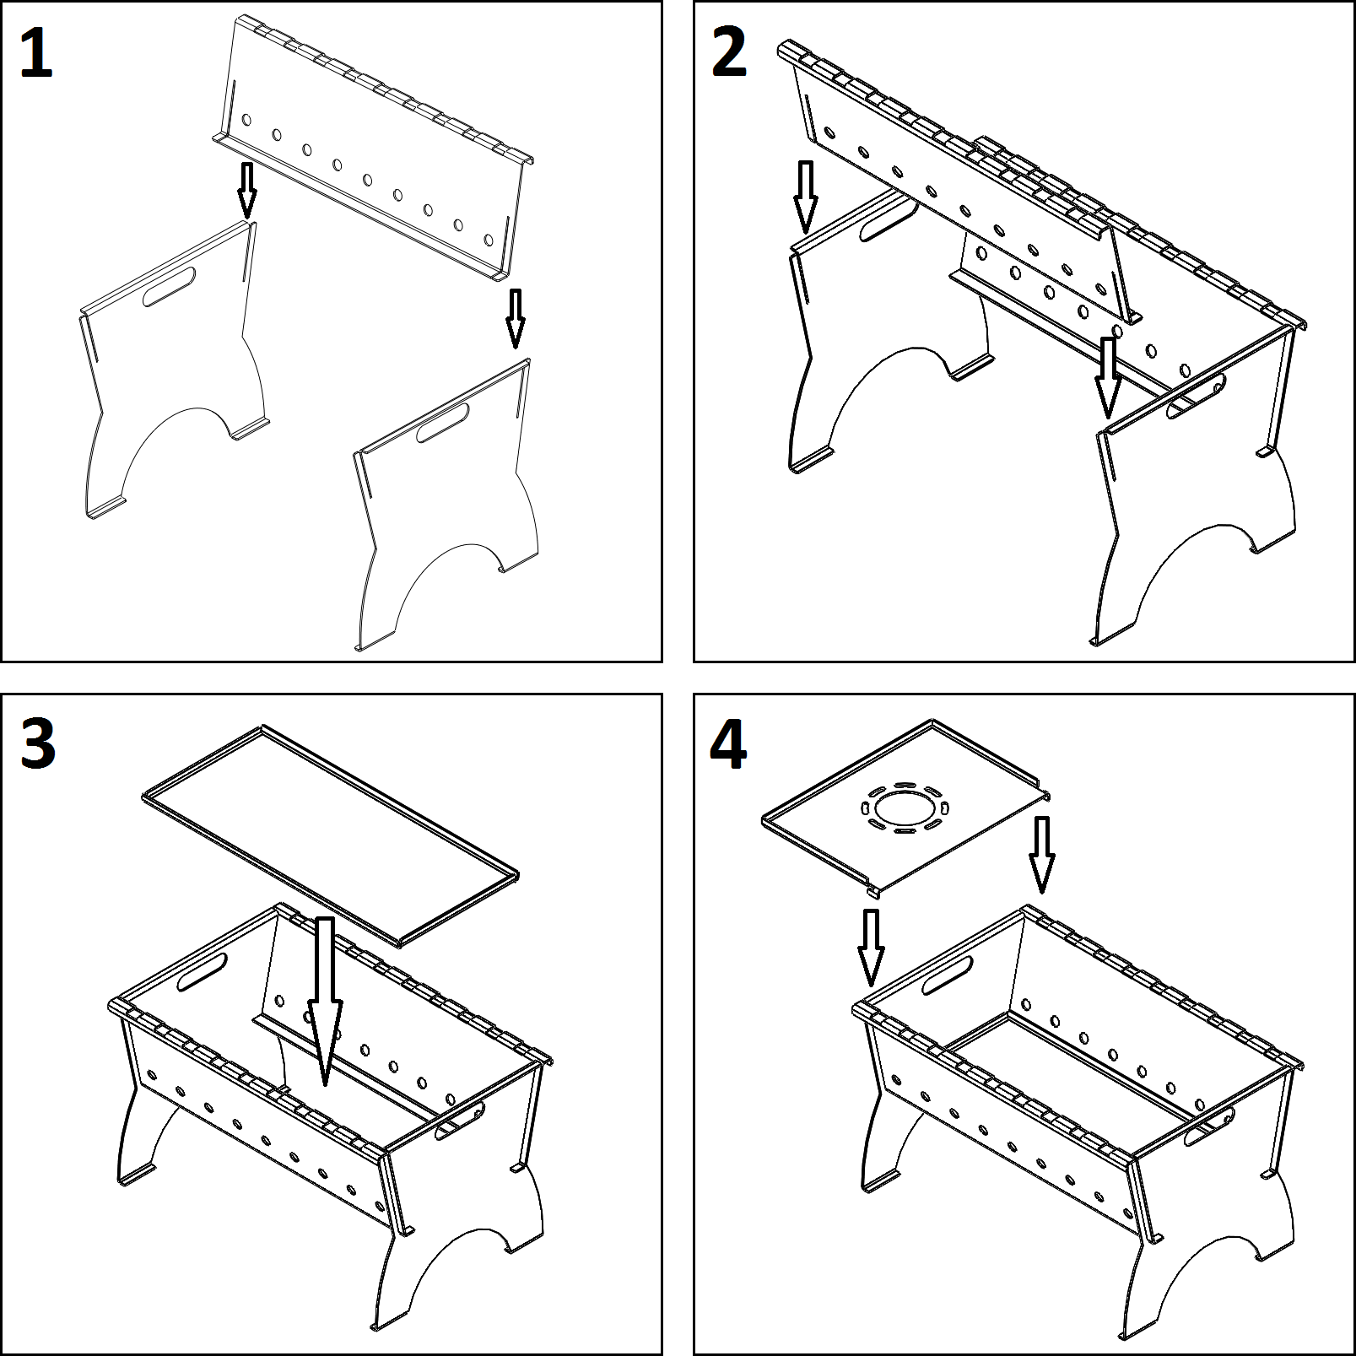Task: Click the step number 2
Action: click(x=729, y=53)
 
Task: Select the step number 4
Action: click(x=728, y=746)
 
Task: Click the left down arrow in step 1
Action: click(x=246, y=190)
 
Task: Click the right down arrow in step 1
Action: click(x=514, y=318)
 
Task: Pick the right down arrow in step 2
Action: click(x=1108, y=377)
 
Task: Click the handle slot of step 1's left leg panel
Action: click(x=170, y=287)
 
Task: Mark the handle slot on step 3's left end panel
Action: click(x=202, y=972)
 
